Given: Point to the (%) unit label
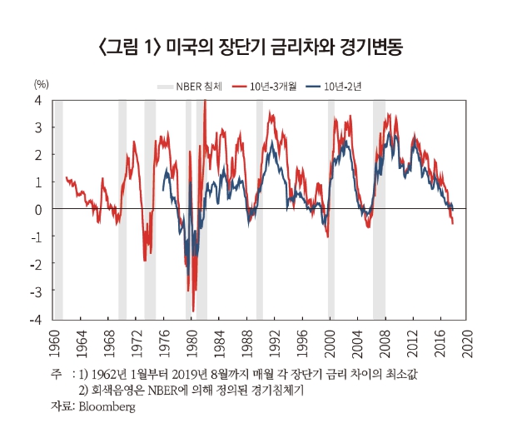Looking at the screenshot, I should point(42,85).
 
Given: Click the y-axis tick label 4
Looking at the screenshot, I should point(38,100).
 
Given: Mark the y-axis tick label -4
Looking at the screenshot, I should point(36,320).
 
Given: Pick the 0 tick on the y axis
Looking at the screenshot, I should point(38,209).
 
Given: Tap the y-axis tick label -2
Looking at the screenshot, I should point(36,264).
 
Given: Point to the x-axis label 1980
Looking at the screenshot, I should point(191,341).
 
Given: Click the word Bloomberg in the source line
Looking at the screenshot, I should point(106,407).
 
